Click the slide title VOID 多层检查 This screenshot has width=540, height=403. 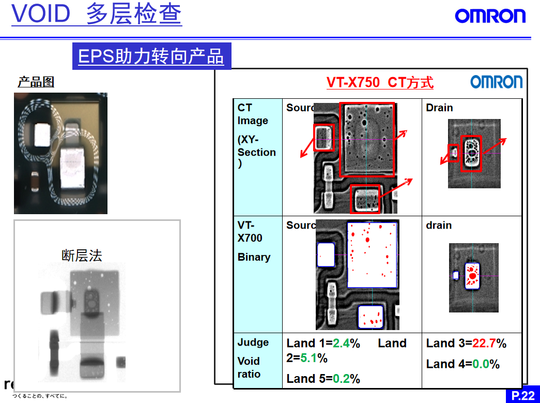97,14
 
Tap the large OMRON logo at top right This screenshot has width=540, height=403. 490,16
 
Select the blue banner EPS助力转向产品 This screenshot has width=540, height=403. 151,56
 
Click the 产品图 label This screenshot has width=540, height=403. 36,82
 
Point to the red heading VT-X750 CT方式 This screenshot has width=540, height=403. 379,83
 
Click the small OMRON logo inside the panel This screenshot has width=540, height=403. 496,82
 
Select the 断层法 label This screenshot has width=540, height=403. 82,256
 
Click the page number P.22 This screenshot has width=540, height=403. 523,396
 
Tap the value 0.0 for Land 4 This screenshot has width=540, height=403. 480,364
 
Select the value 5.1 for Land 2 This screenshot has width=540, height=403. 308,358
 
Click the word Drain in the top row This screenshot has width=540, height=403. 439,108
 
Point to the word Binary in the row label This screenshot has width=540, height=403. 254,257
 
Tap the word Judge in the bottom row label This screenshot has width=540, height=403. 253,342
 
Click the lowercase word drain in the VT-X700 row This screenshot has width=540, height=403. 439,226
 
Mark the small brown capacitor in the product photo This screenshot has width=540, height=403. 35,181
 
